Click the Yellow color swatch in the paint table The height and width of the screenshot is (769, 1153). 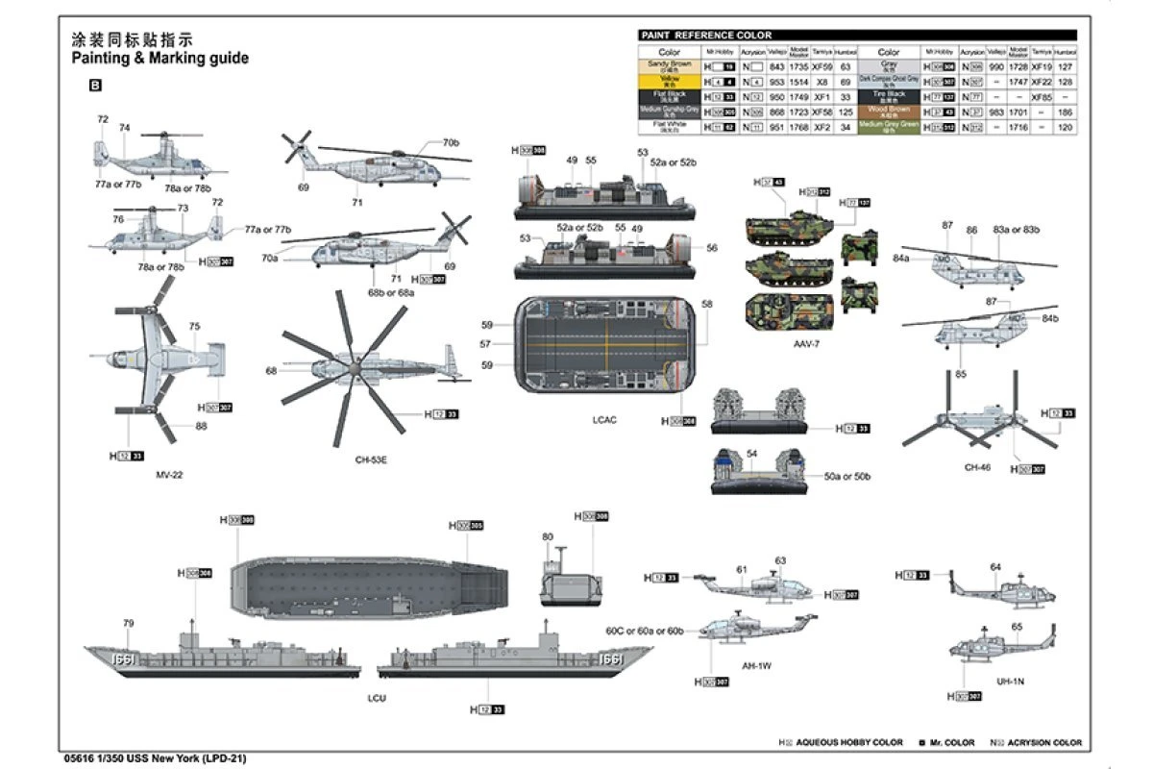(669, 82)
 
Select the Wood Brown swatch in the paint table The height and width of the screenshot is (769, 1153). (889, 112)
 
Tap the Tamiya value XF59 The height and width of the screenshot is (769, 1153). (822, 67)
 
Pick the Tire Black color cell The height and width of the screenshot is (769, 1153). (889, 96)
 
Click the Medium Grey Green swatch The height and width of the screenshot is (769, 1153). (889, 126)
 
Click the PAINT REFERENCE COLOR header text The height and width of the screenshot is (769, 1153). (706, 35)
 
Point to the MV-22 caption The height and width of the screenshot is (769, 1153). (168, 475)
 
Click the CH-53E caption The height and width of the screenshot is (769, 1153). (370, 460)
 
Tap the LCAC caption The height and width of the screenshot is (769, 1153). (604, 420)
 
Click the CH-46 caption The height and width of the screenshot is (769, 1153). (976, 467)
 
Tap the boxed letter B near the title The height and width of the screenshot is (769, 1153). (94, 86)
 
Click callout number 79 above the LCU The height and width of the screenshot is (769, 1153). (128, 624)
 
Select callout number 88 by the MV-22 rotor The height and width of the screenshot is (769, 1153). (201, 426)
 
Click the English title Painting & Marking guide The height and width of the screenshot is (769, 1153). (159, 58)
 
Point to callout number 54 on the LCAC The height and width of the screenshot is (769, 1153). (751, 453)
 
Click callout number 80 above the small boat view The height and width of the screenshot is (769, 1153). (548, 536)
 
